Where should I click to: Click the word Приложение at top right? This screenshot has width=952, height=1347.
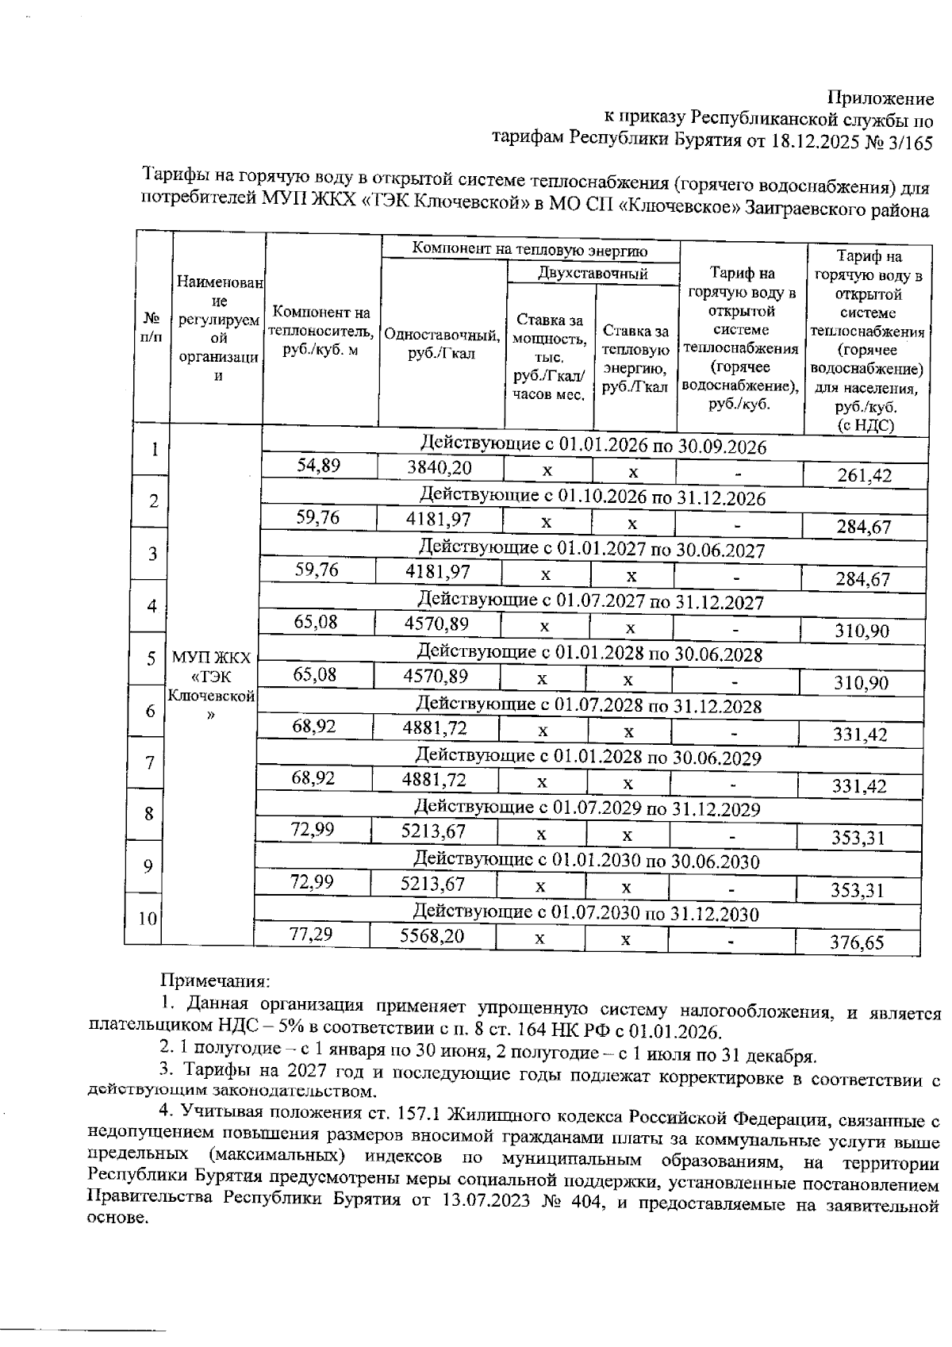pyautogui.click(x=881, y=98)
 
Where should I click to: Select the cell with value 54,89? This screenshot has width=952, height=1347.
pyautogui.click(x=318, y=466)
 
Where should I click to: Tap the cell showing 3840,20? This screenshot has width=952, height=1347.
pyautogui.click(x=439, y=468)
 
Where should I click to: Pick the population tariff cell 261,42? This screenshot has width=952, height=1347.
pyautogui.click(x=864, y=476)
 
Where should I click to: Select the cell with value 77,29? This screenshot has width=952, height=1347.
pyautogui.click(x=311, y=934)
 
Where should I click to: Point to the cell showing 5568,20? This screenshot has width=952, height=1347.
pyautogui.click(x=432, y=936)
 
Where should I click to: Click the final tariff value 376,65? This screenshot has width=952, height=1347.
pyautogui.click(x=857, y=942)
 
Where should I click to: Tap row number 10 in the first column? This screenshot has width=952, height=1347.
pyautogui.click(x=148, y=919)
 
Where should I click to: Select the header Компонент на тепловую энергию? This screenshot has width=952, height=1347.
pyautogui.click(x=530, y=250)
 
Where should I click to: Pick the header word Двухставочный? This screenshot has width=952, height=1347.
pyautogui.click(x=592, y=274)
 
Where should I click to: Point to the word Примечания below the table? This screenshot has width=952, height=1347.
pyautogui.click(x=216, y=982)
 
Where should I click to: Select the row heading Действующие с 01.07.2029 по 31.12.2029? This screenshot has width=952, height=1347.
pyautogui.click(x=588, y=809)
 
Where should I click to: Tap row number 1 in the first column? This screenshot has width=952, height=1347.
pyautogui.click(x=155, y=449)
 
